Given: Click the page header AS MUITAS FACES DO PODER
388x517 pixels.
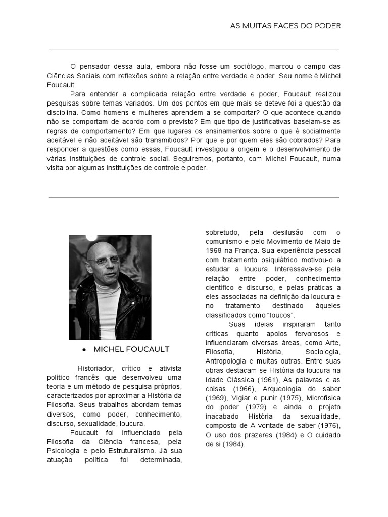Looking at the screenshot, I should tap(285, 26).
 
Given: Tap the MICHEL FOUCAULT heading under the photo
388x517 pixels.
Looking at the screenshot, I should tap(131, 349).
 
